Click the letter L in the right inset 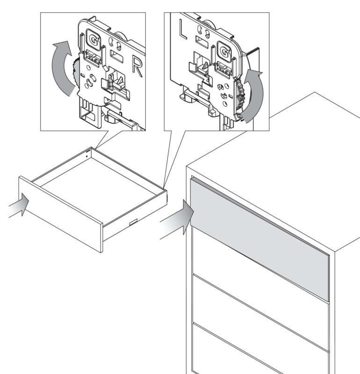(x=183, y=29)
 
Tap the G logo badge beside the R (x=93, y=40)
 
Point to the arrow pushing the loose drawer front (x=19, y=205)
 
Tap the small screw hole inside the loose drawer (x=87, y=157)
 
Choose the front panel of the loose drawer (x=61, y=214)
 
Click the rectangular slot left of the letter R (x=117, y=56)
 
